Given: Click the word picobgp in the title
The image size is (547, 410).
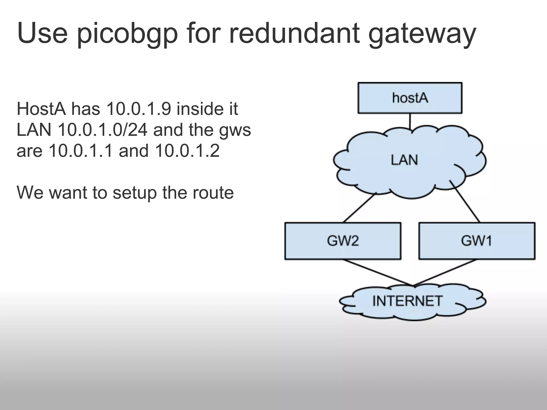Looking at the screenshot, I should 127,33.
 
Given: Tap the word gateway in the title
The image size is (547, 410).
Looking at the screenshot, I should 422,33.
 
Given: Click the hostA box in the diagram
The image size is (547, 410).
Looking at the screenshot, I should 410,98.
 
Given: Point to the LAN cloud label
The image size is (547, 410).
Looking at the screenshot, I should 404,160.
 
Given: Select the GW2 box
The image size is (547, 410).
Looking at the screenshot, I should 343,241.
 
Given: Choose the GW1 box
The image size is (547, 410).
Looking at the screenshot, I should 476,241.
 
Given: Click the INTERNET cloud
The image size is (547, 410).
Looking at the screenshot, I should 407,301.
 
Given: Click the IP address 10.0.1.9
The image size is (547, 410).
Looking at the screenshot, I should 138,109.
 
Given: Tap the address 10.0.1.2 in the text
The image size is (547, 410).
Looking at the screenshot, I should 187,151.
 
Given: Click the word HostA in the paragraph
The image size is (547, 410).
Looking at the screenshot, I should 41,109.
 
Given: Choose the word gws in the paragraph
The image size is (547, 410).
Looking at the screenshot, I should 235,130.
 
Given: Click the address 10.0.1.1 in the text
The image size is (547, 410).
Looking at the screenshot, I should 81,151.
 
